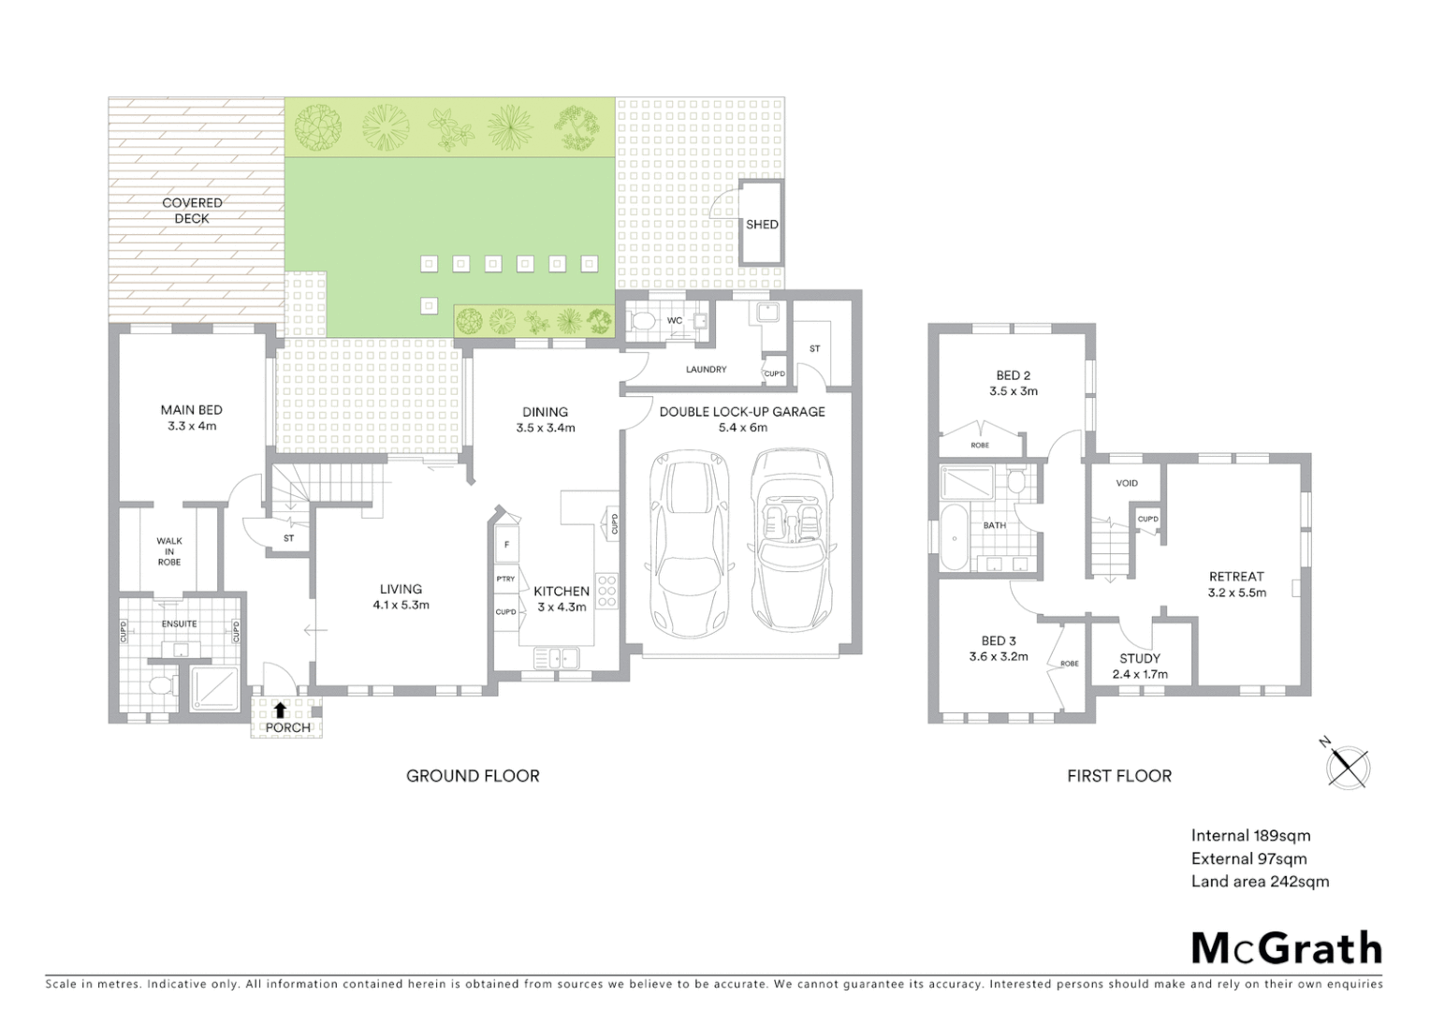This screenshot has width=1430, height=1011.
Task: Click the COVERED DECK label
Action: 192,211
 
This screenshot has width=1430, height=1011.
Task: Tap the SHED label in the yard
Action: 762,225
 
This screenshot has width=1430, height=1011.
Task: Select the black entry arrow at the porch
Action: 280,711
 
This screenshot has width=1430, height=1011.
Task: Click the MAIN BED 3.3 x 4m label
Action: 191,418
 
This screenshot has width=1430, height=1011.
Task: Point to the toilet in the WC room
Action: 643,321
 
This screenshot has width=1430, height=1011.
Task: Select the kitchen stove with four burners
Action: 606,592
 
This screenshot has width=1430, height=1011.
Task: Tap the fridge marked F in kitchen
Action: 506,545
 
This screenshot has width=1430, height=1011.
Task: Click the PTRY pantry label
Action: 505,579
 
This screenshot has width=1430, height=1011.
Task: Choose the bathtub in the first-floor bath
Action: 955,537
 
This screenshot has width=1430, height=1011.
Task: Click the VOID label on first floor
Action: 1127,483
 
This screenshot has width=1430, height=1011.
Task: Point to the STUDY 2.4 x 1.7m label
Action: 1139,666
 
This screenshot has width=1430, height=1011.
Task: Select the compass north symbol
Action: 1348,767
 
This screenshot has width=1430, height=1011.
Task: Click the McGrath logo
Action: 1287,948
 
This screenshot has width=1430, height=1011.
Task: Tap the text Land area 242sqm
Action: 1260,881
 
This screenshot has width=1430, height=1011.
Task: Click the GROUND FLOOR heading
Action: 473,775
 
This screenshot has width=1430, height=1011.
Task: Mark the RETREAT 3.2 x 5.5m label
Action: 1236,584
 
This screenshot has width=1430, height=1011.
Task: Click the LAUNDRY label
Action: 706,370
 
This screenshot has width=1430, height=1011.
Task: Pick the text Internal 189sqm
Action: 1250,836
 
